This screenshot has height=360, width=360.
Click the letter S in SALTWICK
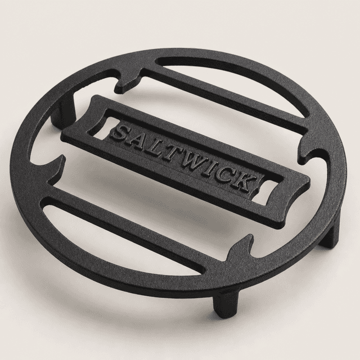click(120, 132)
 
